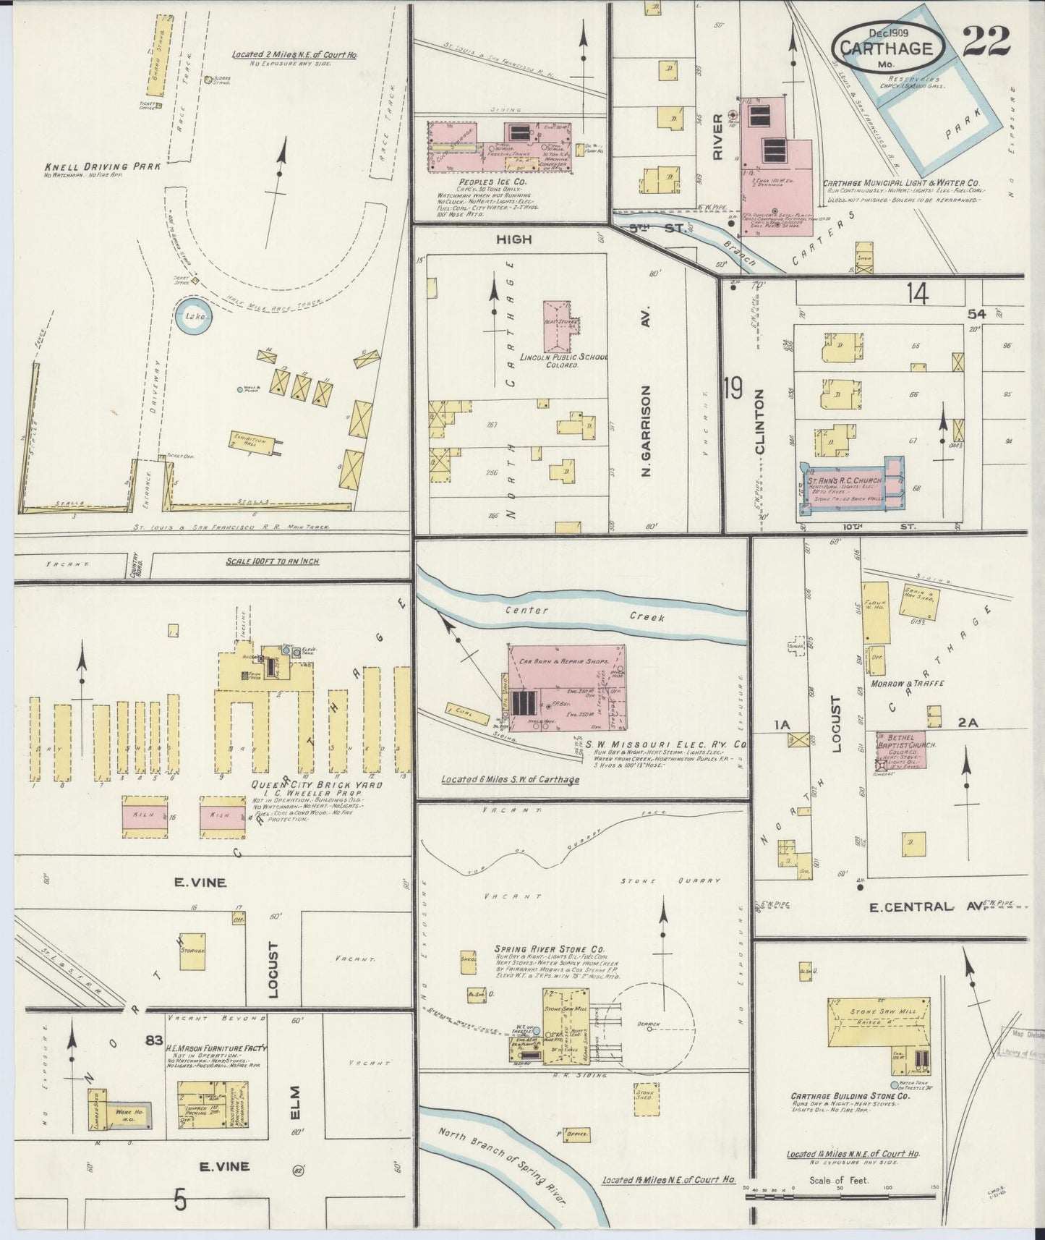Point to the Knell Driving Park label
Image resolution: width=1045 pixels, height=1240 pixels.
click(102, 166)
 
